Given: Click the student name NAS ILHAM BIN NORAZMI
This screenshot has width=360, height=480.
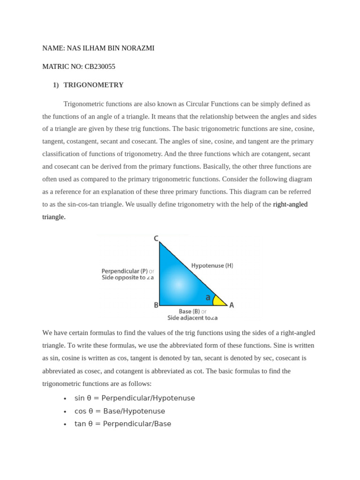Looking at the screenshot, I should (111, 48).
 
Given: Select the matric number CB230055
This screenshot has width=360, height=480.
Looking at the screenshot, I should (100, 67).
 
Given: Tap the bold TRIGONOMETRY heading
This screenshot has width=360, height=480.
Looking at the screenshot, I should (93, 85).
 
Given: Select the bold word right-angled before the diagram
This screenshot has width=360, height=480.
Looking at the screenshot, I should (290, 204).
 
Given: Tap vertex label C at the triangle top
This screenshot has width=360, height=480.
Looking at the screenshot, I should (156, 239).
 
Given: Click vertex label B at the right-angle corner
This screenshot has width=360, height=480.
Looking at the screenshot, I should (156, 305).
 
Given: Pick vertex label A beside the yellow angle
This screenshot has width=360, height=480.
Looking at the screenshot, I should (232, 305).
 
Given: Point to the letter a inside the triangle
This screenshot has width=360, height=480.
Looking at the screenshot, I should (208, 297).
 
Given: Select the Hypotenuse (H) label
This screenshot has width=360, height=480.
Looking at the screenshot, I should (212, 265).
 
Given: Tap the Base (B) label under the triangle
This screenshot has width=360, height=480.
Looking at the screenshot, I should (189, 311).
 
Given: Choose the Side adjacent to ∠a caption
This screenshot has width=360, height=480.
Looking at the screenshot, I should (192, 318).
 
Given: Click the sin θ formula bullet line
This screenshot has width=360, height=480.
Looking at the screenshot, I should (135, 398).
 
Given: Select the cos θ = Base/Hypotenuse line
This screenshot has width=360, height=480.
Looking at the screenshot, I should (120, 411).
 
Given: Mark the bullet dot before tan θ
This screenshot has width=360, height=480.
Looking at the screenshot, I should (65, 424).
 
